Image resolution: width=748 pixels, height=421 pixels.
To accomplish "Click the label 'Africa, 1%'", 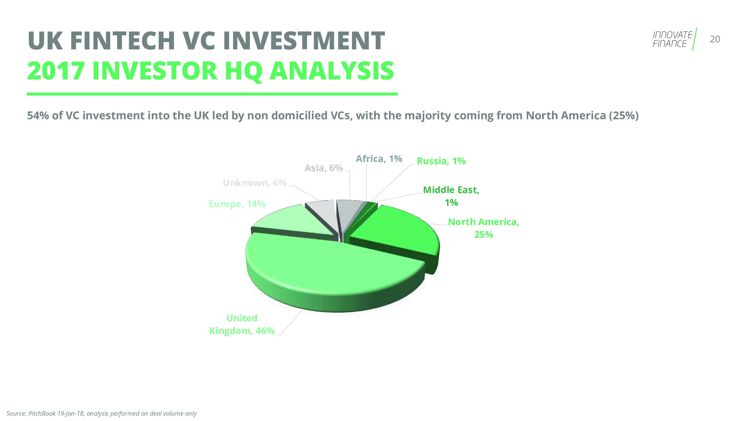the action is click(x=379, y=159).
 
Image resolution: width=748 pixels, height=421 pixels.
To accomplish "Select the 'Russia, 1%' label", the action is click(x=441, y=161).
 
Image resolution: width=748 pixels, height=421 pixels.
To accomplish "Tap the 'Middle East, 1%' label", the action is click(x=451, y=196).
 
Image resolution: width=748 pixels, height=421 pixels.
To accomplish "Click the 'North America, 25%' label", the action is click(x=484, y=228).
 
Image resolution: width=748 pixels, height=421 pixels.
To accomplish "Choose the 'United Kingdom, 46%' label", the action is click(x=242, y=324).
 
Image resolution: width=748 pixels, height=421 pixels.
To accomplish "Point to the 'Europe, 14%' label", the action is click(x=237, y=204).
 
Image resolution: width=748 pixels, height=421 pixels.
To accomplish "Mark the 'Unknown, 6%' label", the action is click(x=255, y=183).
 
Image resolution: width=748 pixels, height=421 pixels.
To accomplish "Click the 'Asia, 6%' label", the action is click(x=323, y=168).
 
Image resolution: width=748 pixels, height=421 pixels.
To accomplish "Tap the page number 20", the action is click(x=715, y=39).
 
